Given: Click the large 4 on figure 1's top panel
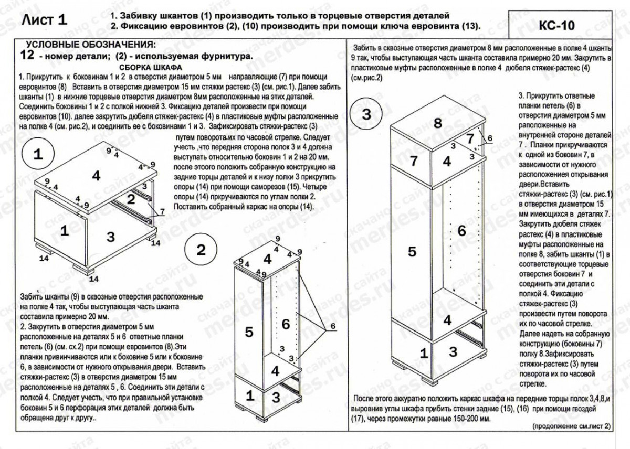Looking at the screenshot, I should coord(96,176).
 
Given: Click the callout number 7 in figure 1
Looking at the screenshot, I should coord(163,211).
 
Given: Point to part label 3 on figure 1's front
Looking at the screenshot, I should coord(110,237).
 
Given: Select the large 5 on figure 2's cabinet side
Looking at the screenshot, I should coord(249,332).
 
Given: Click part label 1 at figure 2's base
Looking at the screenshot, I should coord(250,394).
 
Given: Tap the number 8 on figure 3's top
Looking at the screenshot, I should coord(437,124).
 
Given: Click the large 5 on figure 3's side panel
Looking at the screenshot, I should coord(412,252).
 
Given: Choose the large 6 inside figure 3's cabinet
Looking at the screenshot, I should coord(461,230).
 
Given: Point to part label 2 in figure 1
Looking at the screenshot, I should coord(131,199).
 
